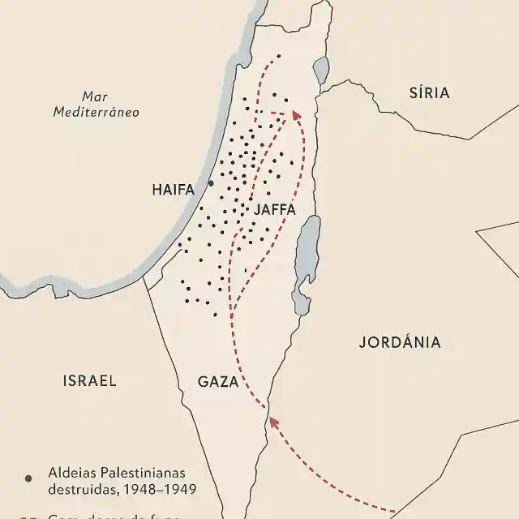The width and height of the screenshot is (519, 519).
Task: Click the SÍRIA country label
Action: point(429,92)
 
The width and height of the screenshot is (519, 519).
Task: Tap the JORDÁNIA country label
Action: point(400,342)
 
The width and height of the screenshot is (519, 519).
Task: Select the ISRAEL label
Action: point(89,380)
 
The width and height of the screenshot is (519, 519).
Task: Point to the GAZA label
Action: point(217,382)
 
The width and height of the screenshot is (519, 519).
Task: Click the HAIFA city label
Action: point(174,190)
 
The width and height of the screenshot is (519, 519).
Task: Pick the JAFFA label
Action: point(275,209)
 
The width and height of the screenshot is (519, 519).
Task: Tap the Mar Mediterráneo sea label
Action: point(96,104)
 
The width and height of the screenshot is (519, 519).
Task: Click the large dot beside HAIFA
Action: point(211,183)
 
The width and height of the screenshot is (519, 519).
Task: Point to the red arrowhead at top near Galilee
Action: point(296,116)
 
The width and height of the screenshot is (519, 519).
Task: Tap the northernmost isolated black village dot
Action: point(278,56)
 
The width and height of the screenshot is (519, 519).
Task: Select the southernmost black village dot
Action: point(215,315)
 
